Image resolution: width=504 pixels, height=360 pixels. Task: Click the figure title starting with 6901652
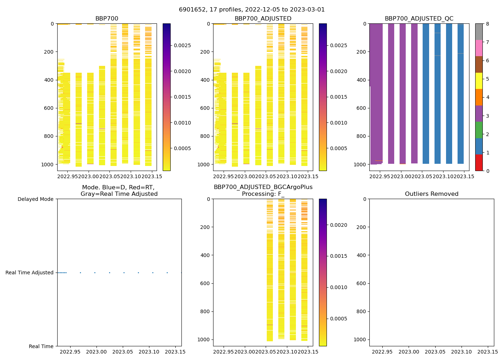(252, 10)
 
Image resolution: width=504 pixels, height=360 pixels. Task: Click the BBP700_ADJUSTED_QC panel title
(419, 19)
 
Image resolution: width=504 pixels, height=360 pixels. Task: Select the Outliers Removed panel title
(432, 194)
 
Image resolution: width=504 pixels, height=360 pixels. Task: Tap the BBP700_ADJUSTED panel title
(263, 19)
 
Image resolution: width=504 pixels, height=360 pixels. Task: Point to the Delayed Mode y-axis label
(35, 199)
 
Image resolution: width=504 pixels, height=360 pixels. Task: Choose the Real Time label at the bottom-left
(41, 346)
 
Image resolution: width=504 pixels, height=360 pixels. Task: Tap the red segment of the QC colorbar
(479, 162)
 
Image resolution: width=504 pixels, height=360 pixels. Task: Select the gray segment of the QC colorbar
(479, 32)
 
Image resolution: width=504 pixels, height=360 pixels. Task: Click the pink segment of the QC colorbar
(479, 48)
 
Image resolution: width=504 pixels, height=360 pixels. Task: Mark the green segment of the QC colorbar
(479, 130)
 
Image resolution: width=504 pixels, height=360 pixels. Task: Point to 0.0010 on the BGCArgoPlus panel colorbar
(338, 287)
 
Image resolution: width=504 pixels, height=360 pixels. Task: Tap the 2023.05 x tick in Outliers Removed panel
(435, 351)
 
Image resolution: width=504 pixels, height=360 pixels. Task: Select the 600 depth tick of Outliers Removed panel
(362, 283)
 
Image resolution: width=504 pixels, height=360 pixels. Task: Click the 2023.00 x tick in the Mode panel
(97, 351)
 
